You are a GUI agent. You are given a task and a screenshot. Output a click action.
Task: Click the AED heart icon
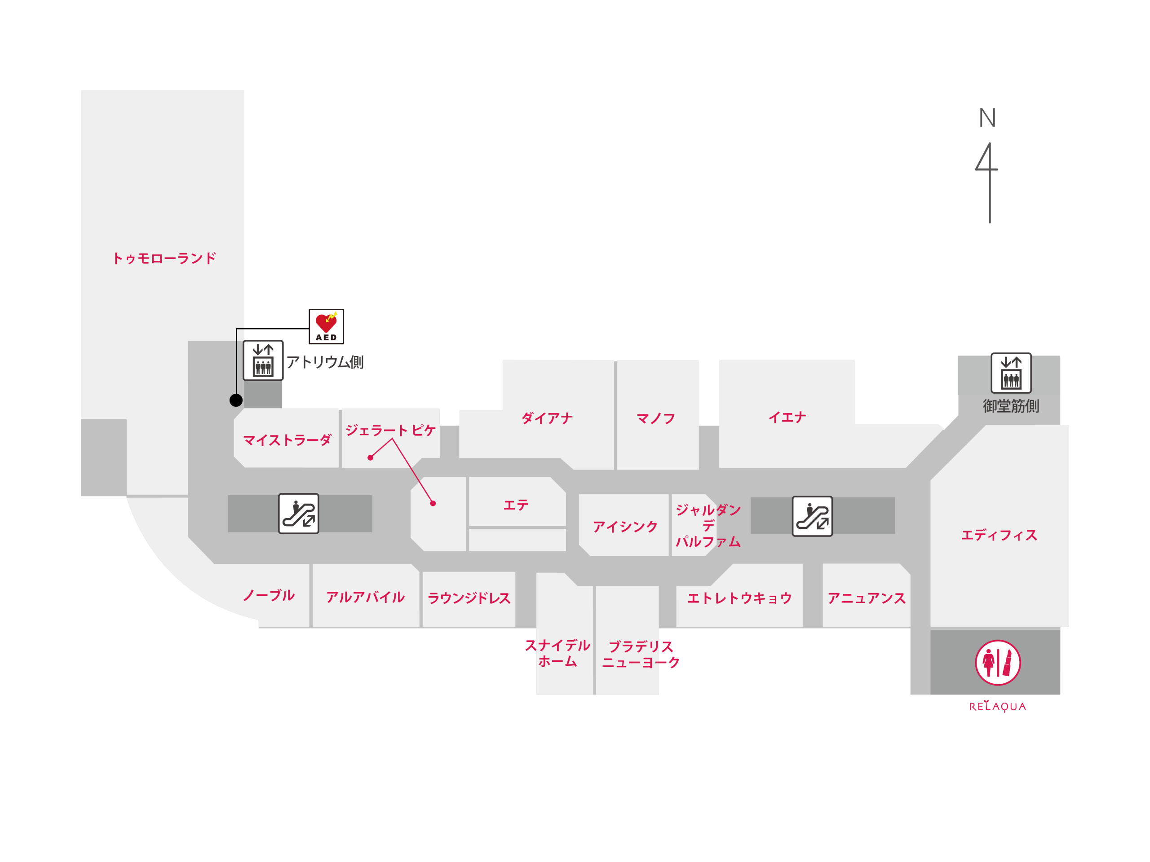(x=326, y=326)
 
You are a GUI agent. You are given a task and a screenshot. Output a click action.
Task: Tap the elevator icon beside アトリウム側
(x=263, y=361)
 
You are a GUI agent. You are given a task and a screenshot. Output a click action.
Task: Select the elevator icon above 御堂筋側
(x=1011, y=373)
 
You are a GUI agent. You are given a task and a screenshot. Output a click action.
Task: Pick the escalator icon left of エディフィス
(x=812, y=516)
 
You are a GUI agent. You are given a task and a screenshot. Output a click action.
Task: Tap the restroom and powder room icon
(x=998, y=663)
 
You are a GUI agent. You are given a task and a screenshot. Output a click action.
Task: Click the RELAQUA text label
(x=998, y=706)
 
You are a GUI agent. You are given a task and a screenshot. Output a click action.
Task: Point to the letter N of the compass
(x=987, y=118)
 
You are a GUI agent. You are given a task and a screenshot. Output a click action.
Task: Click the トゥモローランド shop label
(x=164, y=258)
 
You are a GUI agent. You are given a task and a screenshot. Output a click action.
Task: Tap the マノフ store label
(x=655, y=418)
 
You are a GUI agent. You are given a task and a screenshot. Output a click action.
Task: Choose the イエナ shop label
(x=787, y=417)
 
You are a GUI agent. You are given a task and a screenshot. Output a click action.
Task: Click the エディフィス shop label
(x=999, y=535)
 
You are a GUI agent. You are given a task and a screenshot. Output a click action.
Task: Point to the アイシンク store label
(x=625, y=527)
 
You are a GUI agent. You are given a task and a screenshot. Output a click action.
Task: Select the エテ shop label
(x=516, y=505)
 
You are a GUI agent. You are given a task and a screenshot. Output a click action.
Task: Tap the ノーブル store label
(x=269, y=595)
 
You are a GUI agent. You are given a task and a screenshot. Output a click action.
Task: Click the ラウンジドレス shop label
(x=469, y=598)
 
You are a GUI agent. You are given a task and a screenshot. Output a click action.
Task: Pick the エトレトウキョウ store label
(x=739, y=598)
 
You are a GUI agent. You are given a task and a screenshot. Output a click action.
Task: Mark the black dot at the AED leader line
(x=236, y=400)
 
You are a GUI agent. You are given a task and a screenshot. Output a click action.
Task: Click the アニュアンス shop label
(x=867, y=598)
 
